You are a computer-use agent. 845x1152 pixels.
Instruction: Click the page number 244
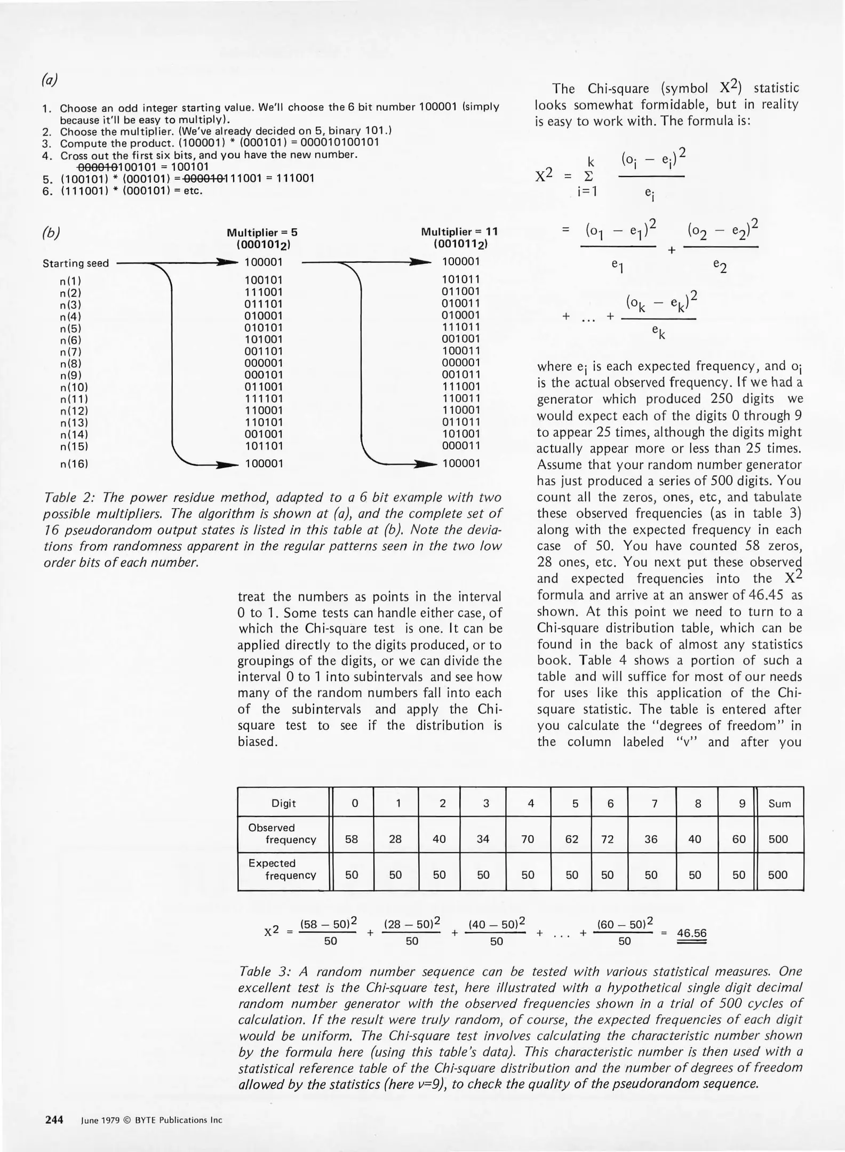pyautogui.click(x=54, y=1119)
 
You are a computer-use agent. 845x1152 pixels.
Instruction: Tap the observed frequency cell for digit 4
pyautogui.click(x=528, y=839)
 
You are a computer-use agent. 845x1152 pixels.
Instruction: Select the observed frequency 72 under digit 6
pyautogui.click(x=607, y=839)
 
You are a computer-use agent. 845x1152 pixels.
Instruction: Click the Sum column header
pyautogui.click(x=779, y=804)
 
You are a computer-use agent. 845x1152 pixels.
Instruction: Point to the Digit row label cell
pyautogui.click(x=283, y=804)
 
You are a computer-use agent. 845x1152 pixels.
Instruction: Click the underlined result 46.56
pyautogui.click(x=691, y=933)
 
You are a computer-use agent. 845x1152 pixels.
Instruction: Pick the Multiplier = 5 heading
pyautogui.click(x=262, y=233)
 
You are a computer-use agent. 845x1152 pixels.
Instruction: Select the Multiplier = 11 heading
pyautogui.click(x=459, y=231)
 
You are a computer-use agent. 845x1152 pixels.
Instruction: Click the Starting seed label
pyautogui.click(x=76, y=263)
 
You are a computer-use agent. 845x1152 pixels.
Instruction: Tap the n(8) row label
pyautogui.click(x=70, y=364)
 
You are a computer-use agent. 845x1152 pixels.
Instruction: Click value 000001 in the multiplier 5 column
pyautogui.click(x=264, y=363)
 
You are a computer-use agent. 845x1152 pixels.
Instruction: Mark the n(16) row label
pyautogui.click(x=74, y=464)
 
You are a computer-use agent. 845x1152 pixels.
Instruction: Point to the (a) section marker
pyautogui.click(x=49, y=80)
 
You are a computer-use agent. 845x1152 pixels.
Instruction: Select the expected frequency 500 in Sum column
pyautogui.click(x=778, y=875)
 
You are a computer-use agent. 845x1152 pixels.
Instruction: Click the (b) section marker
pyautogui.click(x=51, y=234)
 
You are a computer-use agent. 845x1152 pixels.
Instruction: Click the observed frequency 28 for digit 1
pyautogui.click(x=395, y=839)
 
